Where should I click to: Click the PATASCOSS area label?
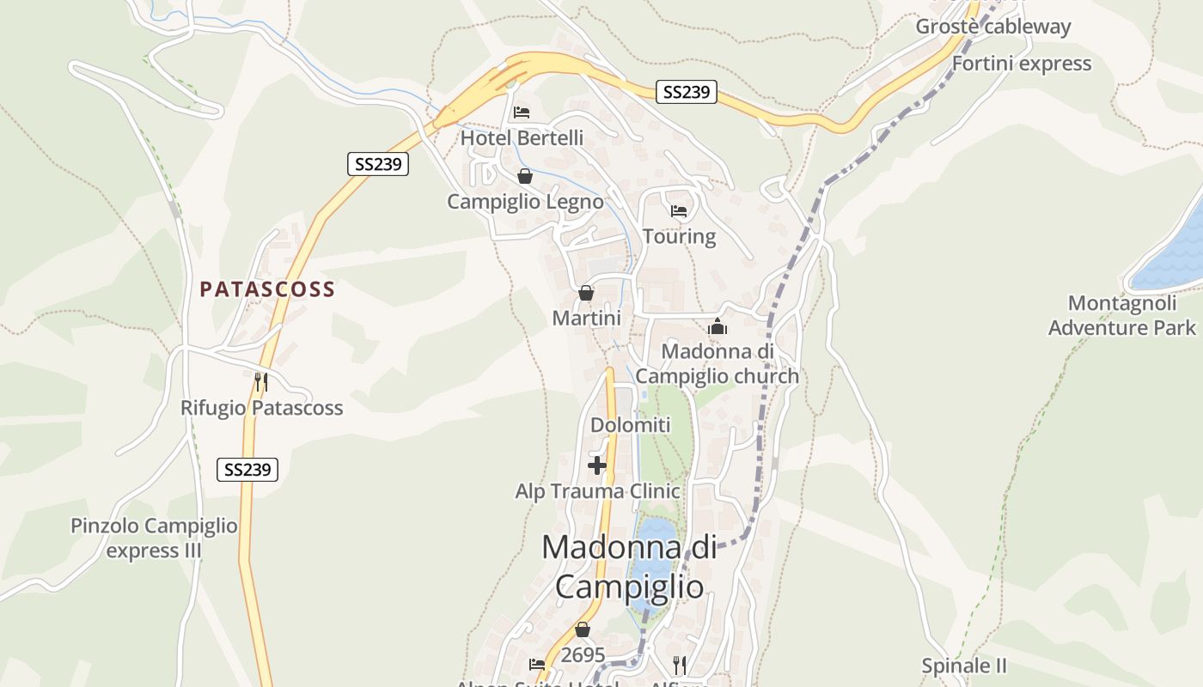pos(267,289)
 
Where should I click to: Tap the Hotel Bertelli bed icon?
pos(521,112)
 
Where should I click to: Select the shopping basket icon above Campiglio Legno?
pos(525,177)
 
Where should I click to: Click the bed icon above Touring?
pos(679,211)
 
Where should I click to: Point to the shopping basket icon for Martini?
pos(586,294)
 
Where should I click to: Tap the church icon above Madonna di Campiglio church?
pos(718,327)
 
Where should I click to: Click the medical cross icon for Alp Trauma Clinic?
pos(597,466)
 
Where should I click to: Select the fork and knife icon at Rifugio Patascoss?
pos(261,381)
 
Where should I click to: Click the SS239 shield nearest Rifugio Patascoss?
pos(247,469)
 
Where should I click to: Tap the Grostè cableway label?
pos(992,27)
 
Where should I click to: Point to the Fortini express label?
pos(1021,64)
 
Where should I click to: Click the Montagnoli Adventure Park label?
pos(1121,315)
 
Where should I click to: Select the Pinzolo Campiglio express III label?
pos(154,538)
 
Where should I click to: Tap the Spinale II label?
pos(963,666)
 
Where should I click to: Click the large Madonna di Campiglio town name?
pos(629,567)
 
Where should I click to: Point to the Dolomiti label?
pos(630,425)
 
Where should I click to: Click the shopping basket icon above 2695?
pos(583,630)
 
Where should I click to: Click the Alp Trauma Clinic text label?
pos(597,491)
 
